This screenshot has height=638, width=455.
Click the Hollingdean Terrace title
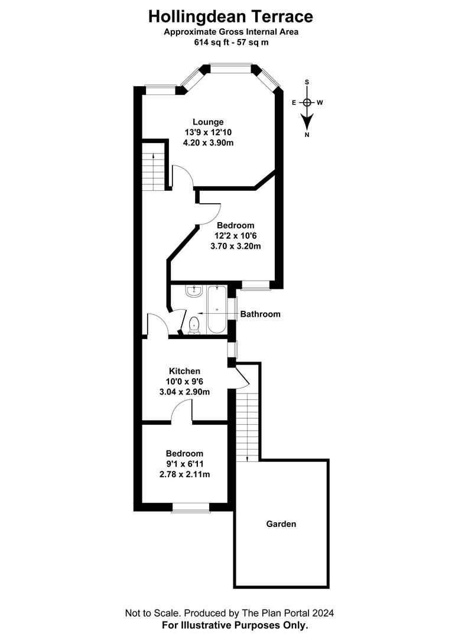pyautogui.click(x=230, y=17)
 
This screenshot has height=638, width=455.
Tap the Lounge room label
pyautogui.click(x=208, y=122)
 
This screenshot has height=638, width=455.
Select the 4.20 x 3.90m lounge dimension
pyautogui.click(x=209, y=143)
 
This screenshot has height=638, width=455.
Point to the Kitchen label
pyautogui.click(x=185, y=371)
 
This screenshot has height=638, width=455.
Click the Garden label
pyautogui.click(x=281, y=524)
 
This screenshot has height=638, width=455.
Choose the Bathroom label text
pyautogui.click(x=261, y=314)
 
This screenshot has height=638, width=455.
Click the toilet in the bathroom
pyautogui.click(x=194, y=325)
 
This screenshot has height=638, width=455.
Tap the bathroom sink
pyautogui.click(x=194, y=291)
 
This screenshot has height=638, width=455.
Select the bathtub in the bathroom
pyautogui.click(x=217, y=310)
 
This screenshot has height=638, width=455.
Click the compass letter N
pyautogui.click(x=307, y=135)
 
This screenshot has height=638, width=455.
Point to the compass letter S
pyautogui.click(x=307, y=82)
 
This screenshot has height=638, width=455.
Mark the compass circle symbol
pyautogui.click(x=307, y=103)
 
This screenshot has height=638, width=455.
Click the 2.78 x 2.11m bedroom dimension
pyautogui.click(x=185, y=474)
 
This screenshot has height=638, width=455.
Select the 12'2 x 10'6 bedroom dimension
pyautogui.click(x=236, y=236)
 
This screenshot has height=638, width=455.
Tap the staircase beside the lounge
pyautogui.click(x=154, y=171)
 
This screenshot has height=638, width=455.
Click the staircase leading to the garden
pyautogui.click(x=248, y=427)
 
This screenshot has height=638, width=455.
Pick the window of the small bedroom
pyautogui.click(x=190, y=507)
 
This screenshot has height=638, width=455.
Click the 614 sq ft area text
pyautogui.click(x=231, y=43)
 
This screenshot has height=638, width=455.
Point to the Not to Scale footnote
pyautogui.click(x=229, y=613)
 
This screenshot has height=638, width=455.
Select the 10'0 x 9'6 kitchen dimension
pyautogui.click(x=184, y=382)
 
